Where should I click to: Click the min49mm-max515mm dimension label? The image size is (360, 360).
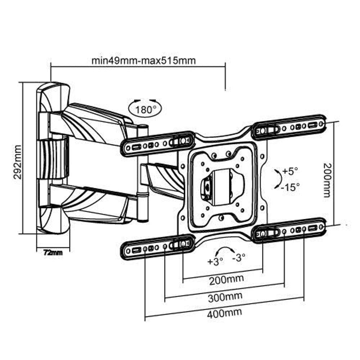(143, 60)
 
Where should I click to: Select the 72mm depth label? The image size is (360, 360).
(53, 252)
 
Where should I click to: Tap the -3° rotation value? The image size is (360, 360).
(239, 258)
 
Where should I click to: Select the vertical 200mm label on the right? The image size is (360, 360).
(327, 180)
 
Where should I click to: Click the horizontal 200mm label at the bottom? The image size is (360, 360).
(226, 279)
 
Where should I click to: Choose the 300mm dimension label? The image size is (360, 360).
(225, 297)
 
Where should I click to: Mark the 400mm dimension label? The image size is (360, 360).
(224, 312)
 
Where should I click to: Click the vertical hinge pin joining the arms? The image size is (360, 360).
(143, 173)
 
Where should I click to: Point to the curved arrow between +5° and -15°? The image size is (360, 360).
(277, 178)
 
